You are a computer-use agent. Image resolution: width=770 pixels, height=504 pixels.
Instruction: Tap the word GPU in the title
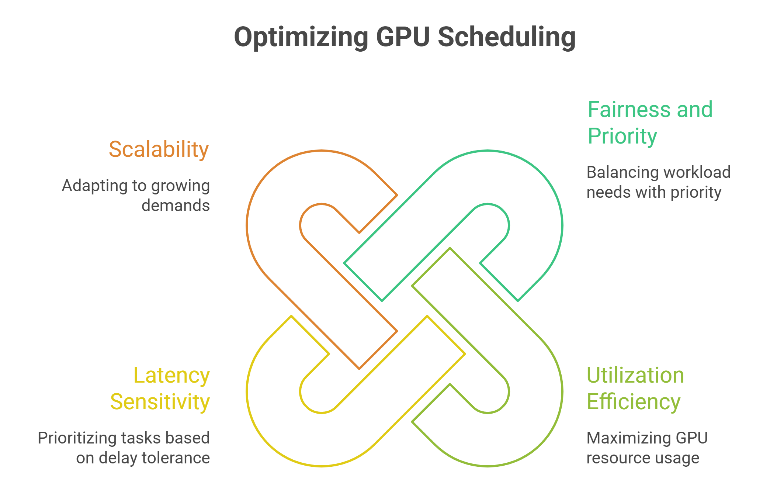(x=403, y=37)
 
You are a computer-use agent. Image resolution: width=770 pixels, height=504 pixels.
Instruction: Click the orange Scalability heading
(x=159, y=149)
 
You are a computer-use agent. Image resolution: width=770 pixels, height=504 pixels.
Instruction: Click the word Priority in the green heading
(x=622, y=136)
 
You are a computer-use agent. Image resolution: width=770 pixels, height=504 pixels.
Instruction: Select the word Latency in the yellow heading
(x=171, y=376)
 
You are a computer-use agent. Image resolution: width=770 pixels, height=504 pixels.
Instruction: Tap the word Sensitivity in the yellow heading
(x=160, y=402)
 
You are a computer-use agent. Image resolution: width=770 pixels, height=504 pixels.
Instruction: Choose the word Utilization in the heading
(x=635, y=375)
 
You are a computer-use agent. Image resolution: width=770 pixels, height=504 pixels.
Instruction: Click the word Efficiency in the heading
(x=633, y=402)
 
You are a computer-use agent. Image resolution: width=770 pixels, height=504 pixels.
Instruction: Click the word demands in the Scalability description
(x=176, y=206)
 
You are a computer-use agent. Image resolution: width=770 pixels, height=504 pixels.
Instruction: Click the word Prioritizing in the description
(x=77, y=438)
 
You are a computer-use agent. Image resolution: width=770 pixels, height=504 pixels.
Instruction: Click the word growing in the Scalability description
(x=180, y=186)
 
